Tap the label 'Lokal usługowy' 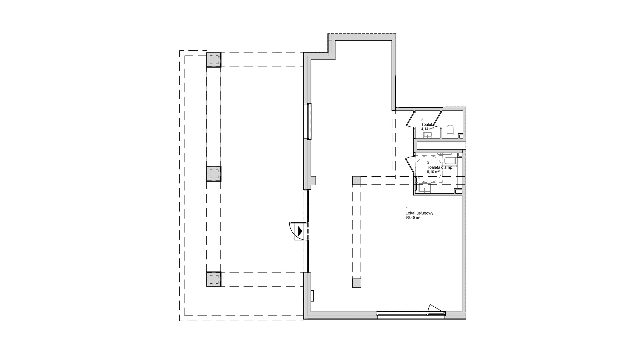pos(419,213)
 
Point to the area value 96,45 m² pos(413,217)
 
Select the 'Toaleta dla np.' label pos(440,167)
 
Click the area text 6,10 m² pos(433,172)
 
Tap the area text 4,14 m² pos(427,129)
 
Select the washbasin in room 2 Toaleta pos(427,135)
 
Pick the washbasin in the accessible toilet pos(424,189)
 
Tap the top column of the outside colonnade pos(213,60)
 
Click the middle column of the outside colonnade pos(213,174)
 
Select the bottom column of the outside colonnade pos(213,279)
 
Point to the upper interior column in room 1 pos(357,181)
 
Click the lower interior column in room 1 pos(357,283)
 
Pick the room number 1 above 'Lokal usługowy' pos(406,208)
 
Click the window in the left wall pos(309,121)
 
